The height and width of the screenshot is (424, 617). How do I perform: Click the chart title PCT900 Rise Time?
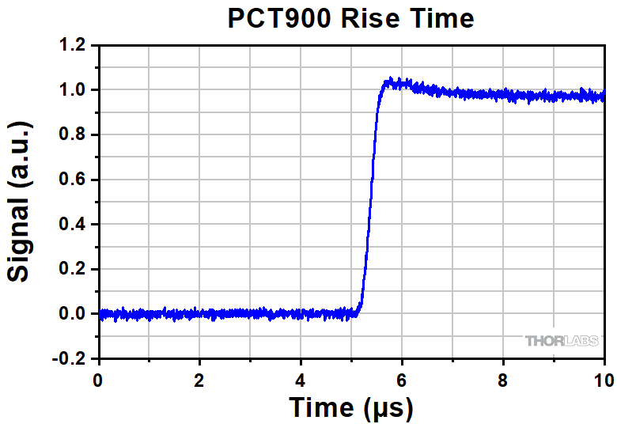(x=350, y=18)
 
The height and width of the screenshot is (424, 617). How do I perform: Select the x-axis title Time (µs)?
(x=350, y=407)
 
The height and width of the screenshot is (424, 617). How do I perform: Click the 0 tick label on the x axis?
(x=98, y=378)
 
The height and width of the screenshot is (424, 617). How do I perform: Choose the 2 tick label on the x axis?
(x=199, y=378)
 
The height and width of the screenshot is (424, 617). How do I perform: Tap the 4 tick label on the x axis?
(x=301, y=378)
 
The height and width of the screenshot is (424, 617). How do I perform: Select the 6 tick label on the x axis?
(x=402, y=378)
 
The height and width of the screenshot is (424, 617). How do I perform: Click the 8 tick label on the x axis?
(x=503, y=378)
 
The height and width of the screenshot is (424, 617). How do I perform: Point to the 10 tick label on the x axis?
(x=603, y=378)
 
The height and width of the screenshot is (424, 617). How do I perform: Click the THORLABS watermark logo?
(x=562, y=341)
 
